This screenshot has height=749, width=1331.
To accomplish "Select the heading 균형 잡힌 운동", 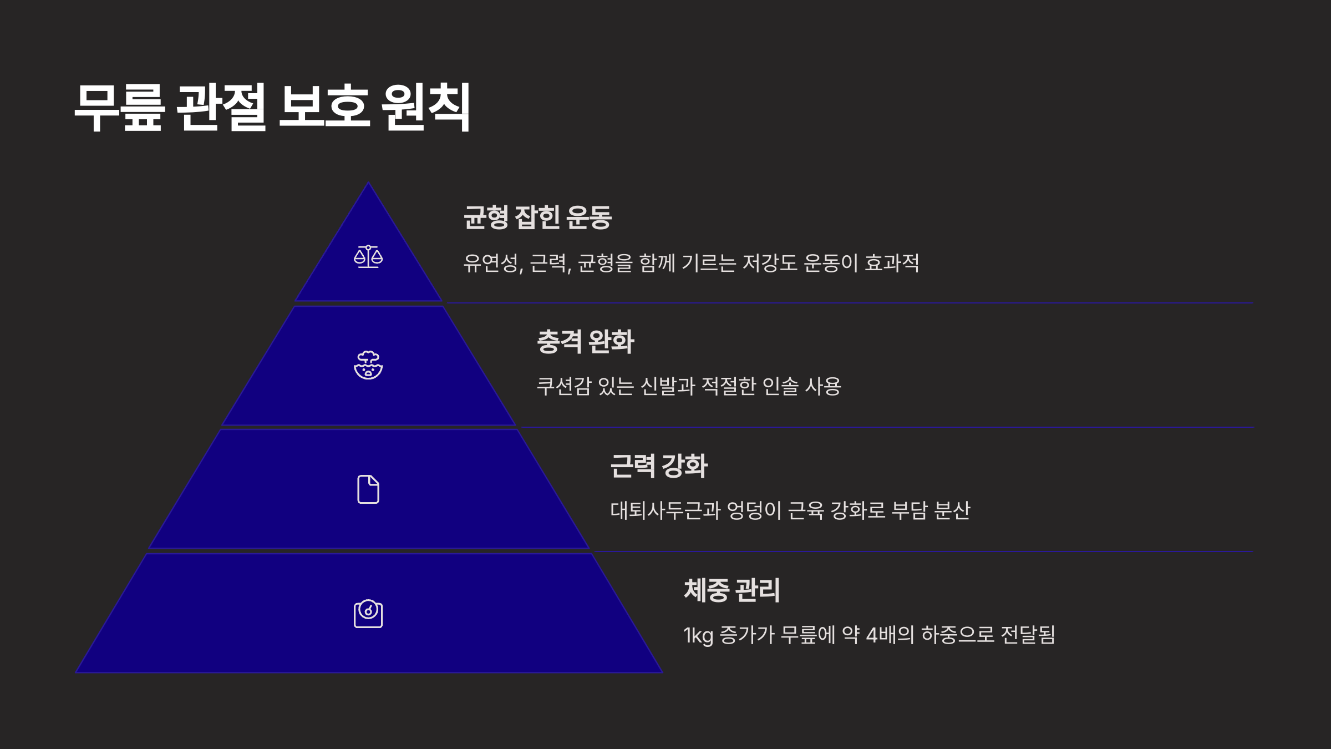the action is tap(537, 217).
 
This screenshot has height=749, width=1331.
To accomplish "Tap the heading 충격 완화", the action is tap(585, 341).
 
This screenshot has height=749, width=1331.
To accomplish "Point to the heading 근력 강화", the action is tap(659, 465).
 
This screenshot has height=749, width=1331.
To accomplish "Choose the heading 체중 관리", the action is tap(731, 590).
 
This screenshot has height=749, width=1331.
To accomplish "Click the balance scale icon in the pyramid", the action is tap(368, 257).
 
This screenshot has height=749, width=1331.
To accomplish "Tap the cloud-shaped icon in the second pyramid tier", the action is tap(368, 365).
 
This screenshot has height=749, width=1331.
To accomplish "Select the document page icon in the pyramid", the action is tap(368, 489).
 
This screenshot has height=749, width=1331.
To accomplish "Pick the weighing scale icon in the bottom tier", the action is tap(368, 614).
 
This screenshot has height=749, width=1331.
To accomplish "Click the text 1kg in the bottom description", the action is tap(698, 635).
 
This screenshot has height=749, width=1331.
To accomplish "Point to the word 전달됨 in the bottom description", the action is tap(1028, 635).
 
